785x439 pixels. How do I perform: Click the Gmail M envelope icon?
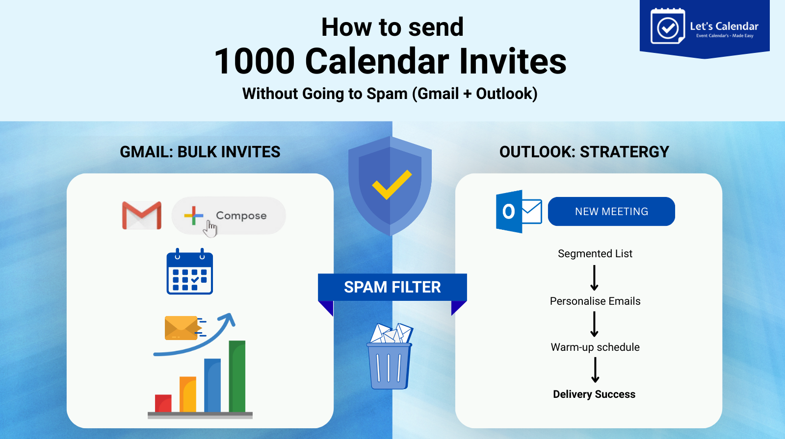tap(142, 215)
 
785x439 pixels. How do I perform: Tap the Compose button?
tap(229, 216)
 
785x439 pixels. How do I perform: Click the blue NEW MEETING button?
tap(611, 212)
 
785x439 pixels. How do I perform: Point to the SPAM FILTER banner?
tap(392, 287)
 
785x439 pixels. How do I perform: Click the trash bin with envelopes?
tap(390, 358)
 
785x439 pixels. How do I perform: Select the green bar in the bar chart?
tap(237, 376)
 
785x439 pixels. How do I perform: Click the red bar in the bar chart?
tap(163, 403)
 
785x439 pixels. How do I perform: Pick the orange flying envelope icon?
tap(183, 328)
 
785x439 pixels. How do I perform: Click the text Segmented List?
tap(595, 254)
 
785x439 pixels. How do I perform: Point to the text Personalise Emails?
tap(595, 301)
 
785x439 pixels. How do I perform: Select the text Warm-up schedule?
tap(595, 347)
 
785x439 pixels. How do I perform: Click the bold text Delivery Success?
tap(594, 394)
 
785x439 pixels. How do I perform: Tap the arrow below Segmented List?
tap(594, 278)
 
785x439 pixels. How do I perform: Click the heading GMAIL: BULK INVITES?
tap(200, 152)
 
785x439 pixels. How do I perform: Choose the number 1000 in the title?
tap(254, 62)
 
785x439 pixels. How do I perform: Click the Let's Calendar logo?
tap(705, 27)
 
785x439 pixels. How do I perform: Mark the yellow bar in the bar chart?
tap(188, 394)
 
